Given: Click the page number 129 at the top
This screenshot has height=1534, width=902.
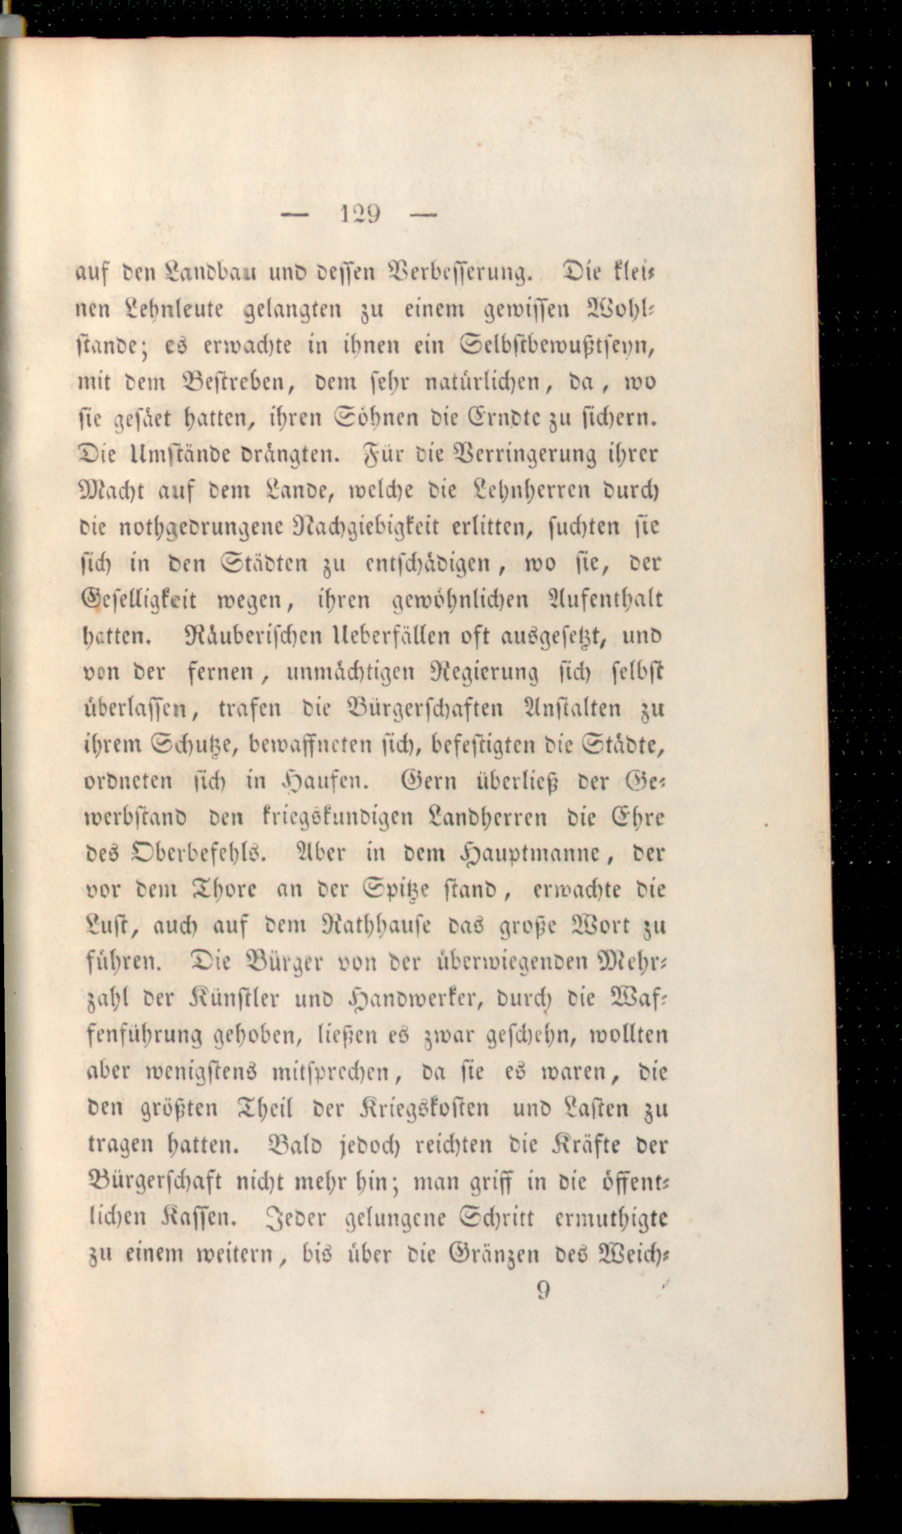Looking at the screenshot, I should (x=360, y=214).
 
